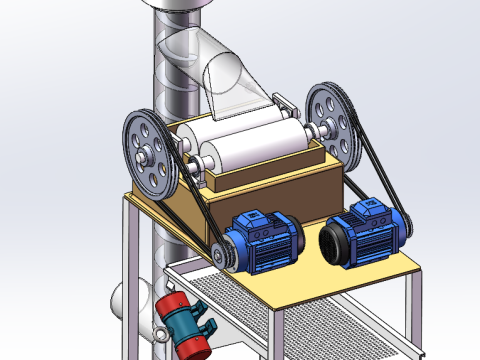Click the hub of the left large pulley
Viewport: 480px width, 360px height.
pyautogui.click(x=150, y=156)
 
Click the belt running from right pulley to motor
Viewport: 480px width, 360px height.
pyautogui.click(x=380, y=180)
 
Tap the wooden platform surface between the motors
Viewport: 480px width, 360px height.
pyautogui.click(x=310, y=275)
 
